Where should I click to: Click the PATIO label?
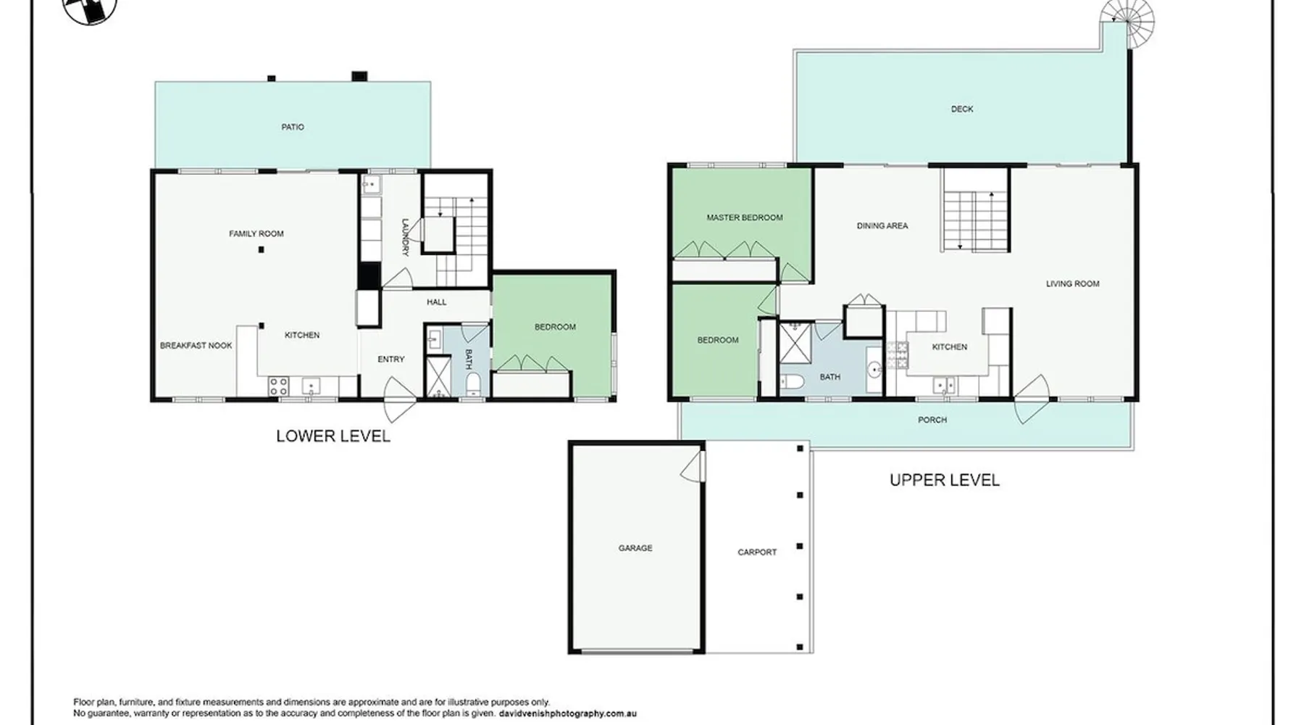pyautogui.click(x=293, y=127)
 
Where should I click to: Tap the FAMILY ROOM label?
pyautogui.click(x=256, y=233)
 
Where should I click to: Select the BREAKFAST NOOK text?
pyautogui.click(x=196, y=346)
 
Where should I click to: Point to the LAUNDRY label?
pyautogui.click(x=406, y=237)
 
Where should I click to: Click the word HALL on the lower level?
pyautogui.click(x=437, y=302)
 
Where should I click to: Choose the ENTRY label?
pyautogui.click(x=391, y=359)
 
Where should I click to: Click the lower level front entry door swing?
pyautogui.click(x=397, y=399)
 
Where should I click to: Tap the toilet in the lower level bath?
pyautogui.click(x=472, y=384)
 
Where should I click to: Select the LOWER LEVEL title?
pyautogui.click(x=333, y=436)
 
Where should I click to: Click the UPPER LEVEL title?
pyautogui.click(x=945, y=480)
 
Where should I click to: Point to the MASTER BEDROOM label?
pyautogui.click(x=745, y=217)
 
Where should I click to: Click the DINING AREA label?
pyautogui.click(x=882, y=225)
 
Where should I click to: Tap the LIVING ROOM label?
pyautogui.click(x=1073, y=283)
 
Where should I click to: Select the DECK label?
pyautogui.click(x=962, y=109)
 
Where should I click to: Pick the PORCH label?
pyautogui.click(x=932, y=420)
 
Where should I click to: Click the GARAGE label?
pyautogui.click(x=635, y=548)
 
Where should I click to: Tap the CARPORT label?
pyautogui.click(x=757, y=552)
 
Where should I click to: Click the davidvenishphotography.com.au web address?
pyautogui.click(x=568, y=713)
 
